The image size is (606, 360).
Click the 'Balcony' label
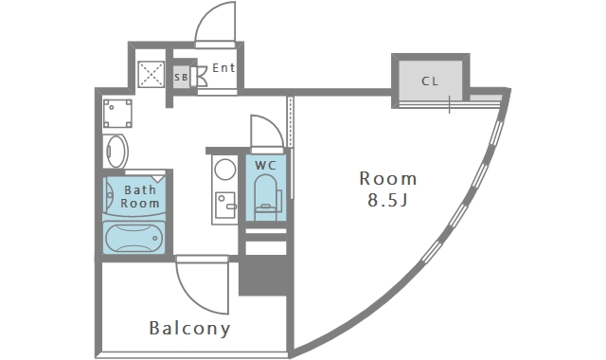(189, 329)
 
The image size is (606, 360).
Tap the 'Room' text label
(387, 178)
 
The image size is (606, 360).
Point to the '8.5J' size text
(387, 200)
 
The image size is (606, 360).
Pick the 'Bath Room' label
(139, 196)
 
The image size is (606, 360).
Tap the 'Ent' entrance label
(223, 68)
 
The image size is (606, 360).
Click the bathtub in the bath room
(134, 237)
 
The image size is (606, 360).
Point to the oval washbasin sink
(116, 151)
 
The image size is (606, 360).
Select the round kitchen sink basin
(224, 171)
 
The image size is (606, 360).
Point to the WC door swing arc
(262, 131)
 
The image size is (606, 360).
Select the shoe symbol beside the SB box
(202, 78)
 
